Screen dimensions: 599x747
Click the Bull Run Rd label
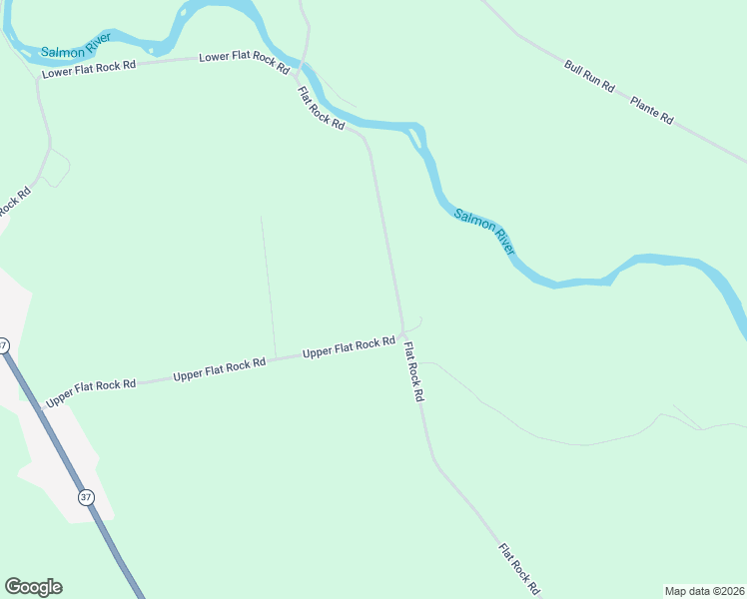(x=589, y=78)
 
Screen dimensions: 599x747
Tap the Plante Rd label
(x=652, y=110)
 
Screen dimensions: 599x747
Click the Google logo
(x=33, y=587)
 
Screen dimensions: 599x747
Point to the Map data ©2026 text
(x=704, y=591)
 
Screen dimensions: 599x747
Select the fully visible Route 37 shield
(x=85, y=497)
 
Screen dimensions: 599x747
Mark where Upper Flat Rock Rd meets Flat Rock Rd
(x=402, y=333)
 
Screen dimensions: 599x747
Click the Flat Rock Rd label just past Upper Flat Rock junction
(x=413, y=371)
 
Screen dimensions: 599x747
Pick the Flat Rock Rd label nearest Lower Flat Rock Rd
(x=321, y=109)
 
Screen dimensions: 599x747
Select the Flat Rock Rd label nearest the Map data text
(x=519, y=568)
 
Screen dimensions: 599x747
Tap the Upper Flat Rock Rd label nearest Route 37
(x=90, y=386)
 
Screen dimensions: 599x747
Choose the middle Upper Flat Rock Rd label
(x=219, y=368)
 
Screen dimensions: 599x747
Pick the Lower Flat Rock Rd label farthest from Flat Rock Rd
(x=87, y=69)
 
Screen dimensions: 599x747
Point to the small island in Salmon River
(x=419, y=137)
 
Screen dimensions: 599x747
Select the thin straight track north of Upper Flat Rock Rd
(x=267, y=285)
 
